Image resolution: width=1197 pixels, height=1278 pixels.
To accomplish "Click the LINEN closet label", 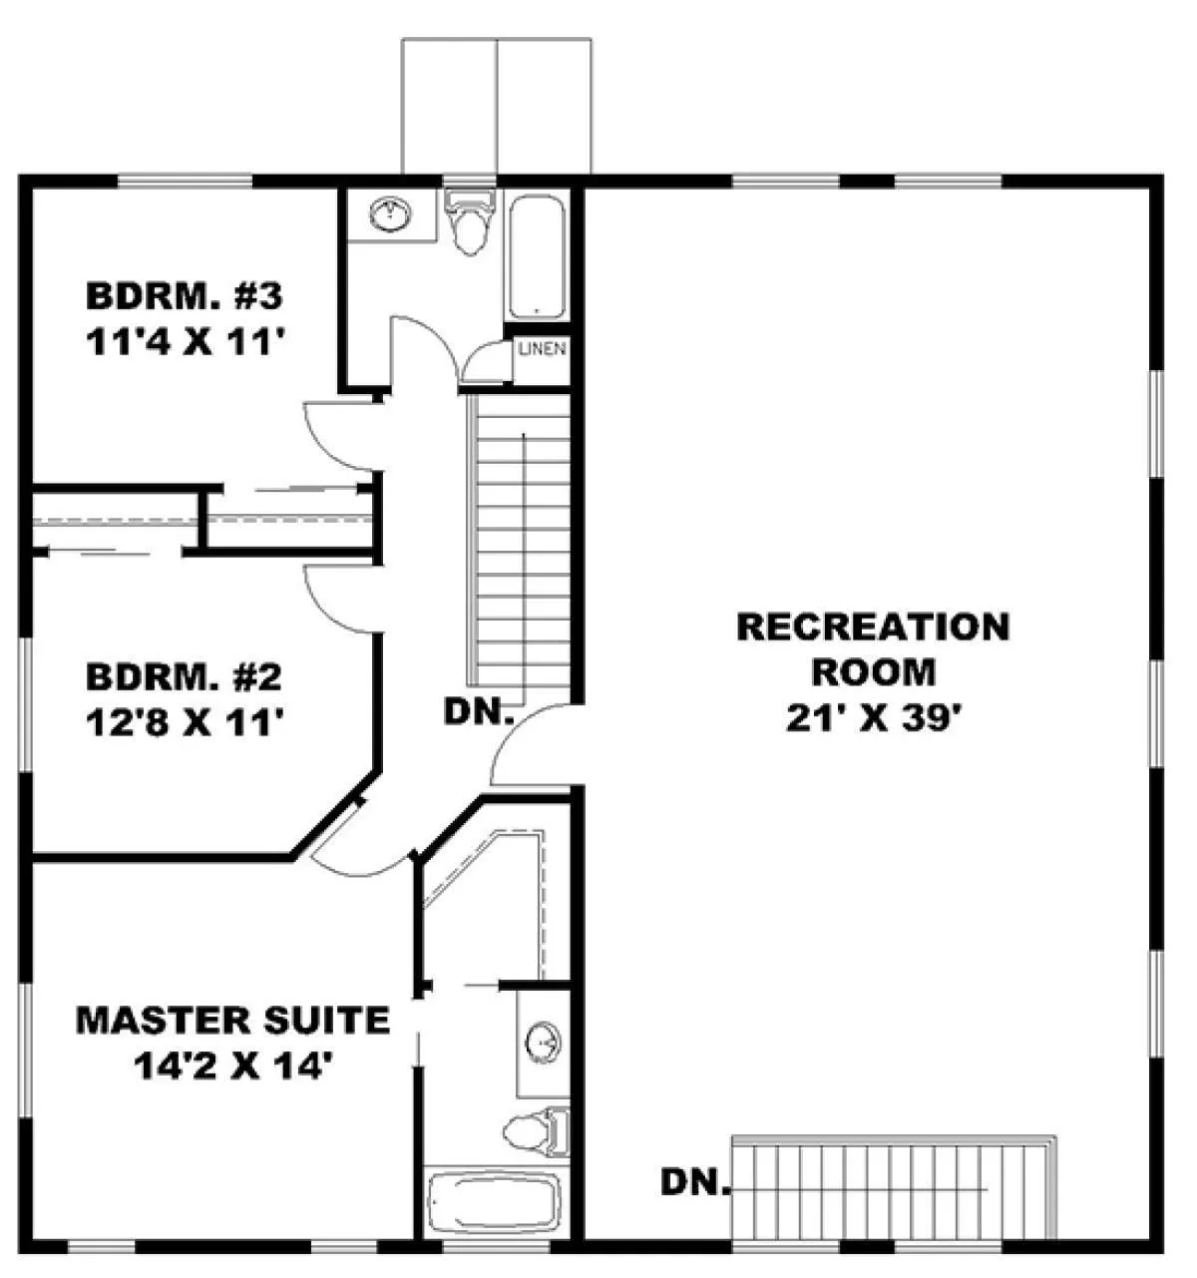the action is coord(542,349).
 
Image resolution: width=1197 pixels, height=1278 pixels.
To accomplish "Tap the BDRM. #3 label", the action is coord(185,296).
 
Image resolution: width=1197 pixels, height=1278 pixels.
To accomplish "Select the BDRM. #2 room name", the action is coord(185,677).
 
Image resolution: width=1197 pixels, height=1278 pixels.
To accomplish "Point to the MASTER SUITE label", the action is coord(233,1020).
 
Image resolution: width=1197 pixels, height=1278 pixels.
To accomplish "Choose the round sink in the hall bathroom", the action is coord(391,213).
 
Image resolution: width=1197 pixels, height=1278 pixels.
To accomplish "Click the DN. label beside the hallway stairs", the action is coord(478,711).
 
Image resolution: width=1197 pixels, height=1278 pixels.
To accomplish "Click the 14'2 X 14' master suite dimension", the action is coord(236,1068).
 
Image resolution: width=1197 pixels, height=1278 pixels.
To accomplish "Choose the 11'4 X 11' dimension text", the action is coord(186,342).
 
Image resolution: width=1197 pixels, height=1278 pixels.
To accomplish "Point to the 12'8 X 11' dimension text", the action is coord(186,722).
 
